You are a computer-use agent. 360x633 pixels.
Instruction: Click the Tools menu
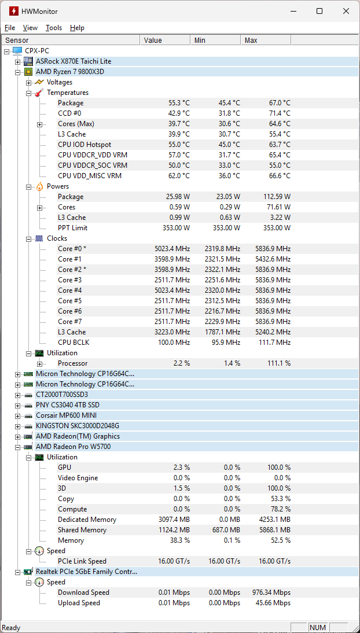(54, 28)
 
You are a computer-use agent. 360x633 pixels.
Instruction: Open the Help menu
(77, 28)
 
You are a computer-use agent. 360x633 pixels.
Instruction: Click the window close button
(346, 11)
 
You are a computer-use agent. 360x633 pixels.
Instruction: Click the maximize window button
(319, 11)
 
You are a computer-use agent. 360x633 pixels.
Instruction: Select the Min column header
(200, 41)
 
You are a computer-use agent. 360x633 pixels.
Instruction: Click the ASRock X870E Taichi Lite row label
(74, 61)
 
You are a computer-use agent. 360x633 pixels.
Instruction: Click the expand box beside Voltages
(28, 83)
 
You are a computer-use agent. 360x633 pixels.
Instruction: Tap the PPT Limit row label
(72, 228)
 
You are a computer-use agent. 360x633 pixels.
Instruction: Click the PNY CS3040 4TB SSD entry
(67, 405)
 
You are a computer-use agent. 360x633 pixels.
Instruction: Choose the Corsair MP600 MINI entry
(66, 415)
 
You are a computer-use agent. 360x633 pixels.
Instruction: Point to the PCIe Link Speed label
(82, 561)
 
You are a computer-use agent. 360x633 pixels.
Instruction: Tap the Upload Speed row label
(79, 603)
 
